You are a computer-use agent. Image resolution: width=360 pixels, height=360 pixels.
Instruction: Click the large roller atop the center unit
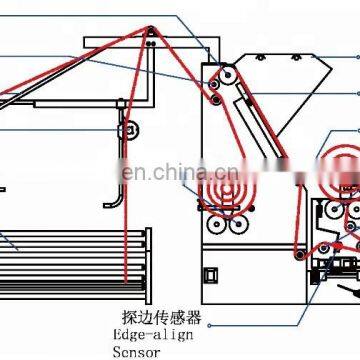click(222, 78)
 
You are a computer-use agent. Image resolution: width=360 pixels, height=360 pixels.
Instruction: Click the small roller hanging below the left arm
click(127, 131)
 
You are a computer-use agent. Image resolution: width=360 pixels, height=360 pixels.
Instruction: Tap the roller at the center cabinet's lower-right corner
click(297, 266)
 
